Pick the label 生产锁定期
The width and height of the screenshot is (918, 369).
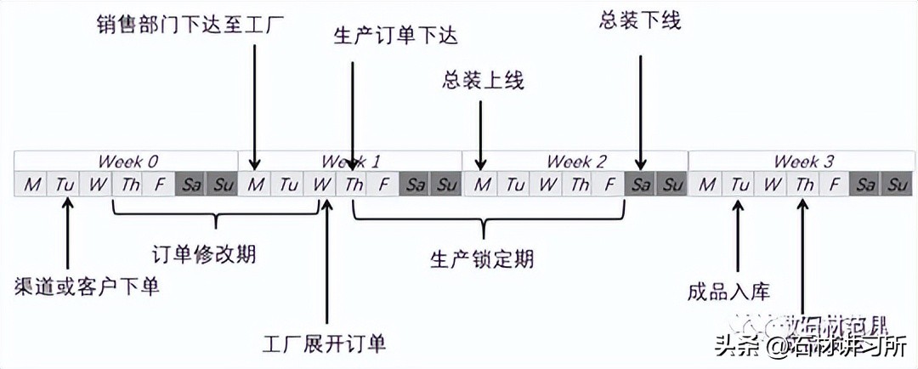click(482, 258)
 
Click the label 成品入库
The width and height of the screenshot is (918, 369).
click(728, 292)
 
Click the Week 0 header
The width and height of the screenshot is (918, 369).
click(127, 161)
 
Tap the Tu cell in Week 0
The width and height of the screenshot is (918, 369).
click(65, 184)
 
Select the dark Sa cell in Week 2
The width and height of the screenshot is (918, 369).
click(641, 184)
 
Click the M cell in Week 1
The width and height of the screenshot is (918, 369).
click(255, 184)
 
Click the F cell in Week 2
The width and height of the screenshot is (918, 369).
click(609, 184)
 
